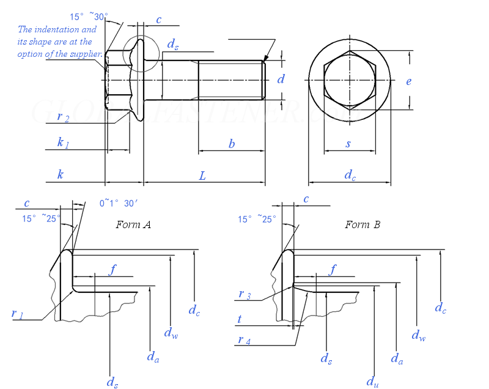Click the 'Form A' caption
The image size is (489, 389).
click(133, 224)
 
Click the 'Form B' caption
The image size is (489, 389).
click(362, 224)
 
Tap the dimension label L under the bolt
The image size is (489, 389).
click(202, 176)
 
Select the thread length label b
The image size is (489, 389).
click(232, 144)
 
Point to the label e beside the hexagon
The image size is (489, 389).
click(409, 81)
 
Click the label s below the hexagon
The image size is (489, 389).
click(348, 144)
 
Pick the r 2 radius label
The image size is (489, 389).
click(63, 117)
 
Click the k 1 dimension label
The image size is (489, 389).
click(63, 143)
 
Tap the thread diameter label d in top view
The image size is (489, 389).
click(281, 79)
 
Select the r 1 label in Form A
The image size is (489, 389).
click(17, 314)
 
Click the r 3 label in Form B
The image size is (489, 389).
click(244, 295)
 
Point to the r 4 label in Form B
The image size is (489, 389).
click(244, 341)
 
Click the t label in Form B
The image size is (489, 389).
click(239, 319)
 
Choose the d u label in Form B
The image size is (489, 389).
click(372, 381)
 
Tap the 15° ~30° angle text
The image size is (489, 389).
click(89, 17)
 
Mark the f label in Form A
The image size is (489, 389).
click(112, 270)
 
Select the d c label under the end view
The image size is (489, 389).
click(350, 176)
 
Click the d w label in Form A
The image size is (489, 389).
click(171, 333)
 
